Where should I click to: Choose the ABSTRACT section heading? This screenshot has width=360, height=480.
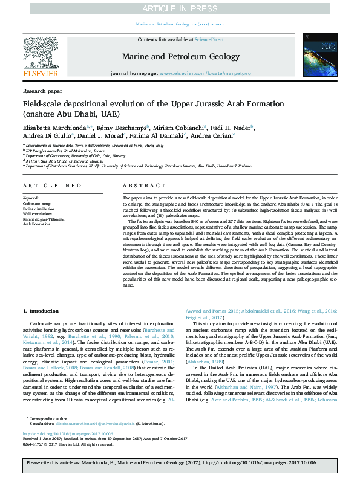tap(143, 187)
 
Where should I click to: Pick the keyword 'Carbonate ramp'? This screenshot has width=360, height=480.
tap(37, 204)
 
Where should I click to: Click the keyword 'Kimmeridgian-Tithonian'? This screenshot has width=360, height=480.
tap(45, 218)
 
